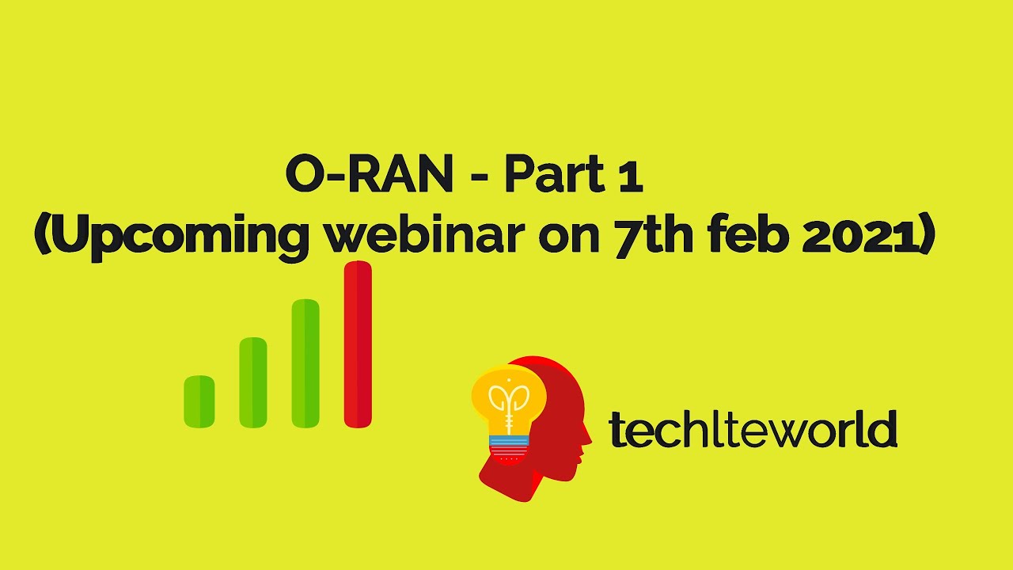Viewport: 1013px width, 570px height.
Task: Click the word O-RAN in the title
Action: (367, 176)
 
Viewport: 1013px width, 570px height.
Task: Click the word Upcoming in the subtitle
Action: (173, 236)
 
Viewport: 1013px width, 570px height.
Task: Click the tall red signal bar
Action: (358, 344)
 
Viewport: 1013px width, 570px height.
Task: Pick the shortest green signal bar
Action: (199, 401)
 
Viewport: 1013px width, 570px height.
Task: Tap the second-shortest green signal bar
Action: (253, 382)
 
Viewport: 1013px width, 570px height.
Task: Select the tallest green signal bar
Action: (305, 363)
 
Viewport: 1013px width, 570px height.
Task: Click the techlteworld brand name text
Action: (752, 430)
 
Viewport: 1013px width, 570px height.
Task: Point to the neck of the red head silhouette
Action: (546, 475)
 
